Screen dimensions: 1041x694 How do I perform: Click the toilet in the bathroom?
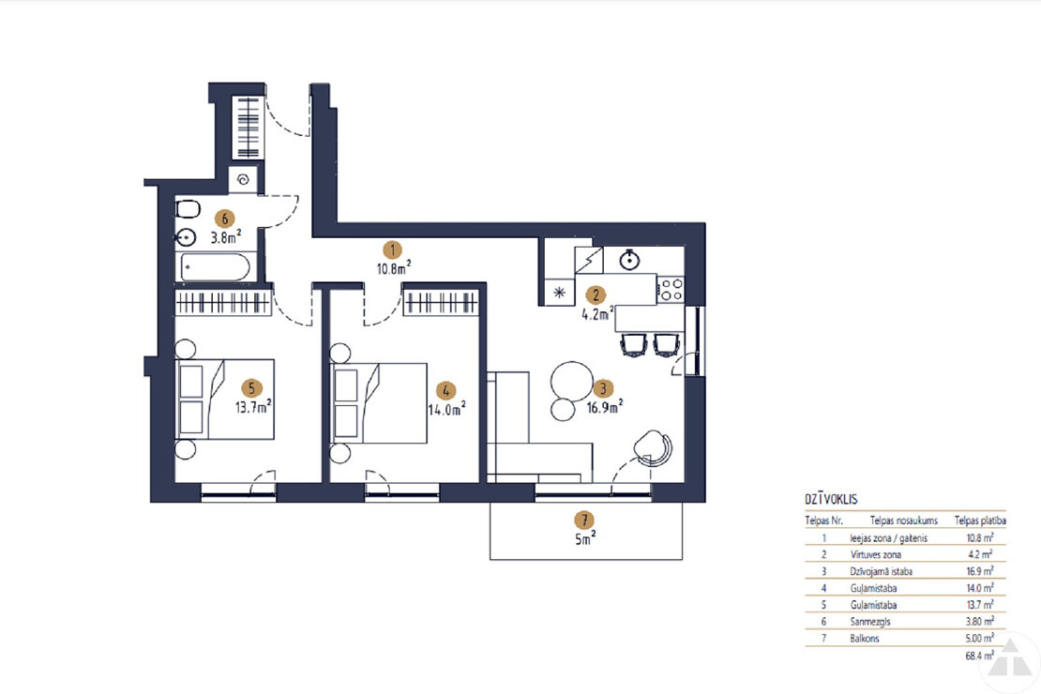(x=188, y=209)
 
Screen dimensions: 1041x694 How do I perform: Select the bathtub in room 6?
(x=215, y=267)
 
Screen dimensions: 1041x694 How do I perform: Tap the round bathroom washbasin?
(x=186, y=235)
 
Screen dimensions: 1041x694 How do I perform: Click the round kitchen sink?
(x=629, y=261)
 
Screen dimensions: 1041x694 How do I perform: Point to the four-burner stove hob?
(x=671, y=290)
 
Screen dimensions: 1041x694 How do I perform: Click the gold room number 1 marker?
(x=392, y=249)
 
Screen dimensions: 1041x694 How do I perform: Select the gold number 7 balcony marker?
(x=584, y=520)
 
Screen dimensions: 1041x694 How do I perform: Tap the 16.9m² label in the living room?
(x=605, y=407)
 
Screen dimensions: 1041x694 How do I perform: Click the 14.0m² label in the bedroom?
(x=446, y=409)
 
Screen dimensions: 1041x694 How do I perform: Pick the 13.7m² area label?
(x=253, y=406)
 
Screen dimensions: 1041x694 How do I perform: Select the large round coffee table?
(x=572, y=381)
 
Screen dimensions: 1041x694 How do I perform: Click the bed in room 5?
(x=225, y=399)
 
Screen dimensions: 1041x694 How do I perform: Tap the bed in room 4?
(x=379, y=402)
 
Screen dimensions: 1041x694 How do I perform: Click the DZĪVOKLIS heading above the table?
(x=831, y=500)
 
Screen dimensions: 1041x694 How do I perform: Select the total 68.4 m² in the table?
(x=979, y=656)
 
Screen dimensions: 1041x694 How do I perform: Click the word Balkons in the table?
(x=865, y=639)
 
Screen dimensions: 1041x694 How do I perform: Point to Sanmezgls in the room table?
(x=870, y=622)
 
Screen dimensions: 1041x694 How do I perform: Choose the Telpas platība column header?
(x=980, y=520)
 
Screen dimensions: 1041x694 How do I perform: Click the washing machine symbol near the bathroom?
(x=243, y=179)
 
